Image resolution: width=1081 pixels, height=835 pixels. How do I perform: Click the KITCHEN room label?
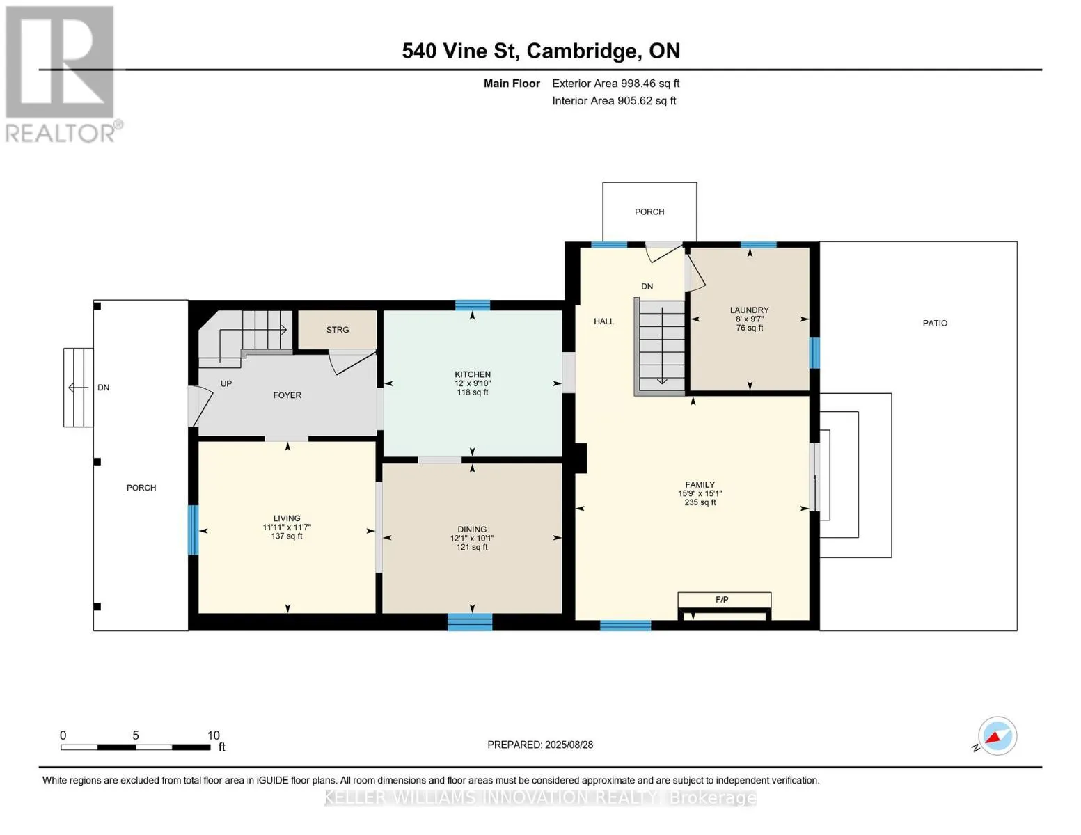tap(472, 374)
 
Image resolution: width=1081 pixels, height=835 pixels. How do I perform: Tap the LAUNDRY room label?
tap(749, 310)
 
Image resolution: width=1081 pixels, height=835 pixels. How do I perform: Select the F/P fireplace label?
tap(722, 600)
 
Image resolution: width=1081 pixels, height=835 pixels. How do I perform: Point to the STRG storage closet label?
tap(338, 330)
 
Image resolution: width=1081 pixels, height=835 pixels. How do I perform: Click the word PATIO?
tap(935, 324)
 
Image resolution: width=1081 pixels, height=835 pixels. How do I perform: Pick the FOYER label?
tap(287, 395)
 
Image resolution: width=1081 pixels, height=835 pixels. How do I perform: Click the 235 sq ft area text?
tap(700, 502)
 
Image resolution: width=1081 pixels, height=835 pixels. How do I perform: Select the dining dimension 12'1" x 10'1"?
tap(472, 538)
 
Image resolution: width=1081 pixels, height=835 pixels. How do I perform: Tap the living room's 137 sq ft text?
tap(287, 536)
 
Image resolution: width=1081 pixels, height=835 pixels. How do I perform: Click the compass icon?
tap(997, 736)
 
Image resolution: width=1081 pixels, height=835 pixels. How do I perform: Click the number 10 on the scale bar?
tap(214, 735)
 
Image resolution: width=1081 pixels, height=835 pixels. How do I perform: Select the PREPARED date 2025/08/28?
tap(569, 745)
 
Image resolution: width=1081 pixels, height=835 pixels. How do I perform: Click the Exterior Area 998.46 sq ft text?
tap(616, 83)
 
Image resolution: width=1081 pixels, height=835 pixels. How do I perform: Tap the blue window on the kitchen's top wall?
tap(473, 305)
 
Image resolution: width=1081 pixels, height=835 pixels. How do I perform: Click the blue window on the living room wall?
tap(193, 530)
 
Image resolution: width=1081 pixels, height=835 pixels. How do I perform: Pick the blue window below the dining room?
tap(470, 622)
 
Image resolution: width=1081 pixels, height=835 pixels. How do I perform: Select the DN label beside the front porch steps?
tap(104, 388)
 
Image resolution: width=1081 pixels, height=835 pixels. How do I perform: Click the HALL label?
tap(604, 321)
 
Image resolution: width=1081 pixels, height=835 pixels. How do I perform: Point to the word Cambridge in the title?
tap(581, 51)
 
